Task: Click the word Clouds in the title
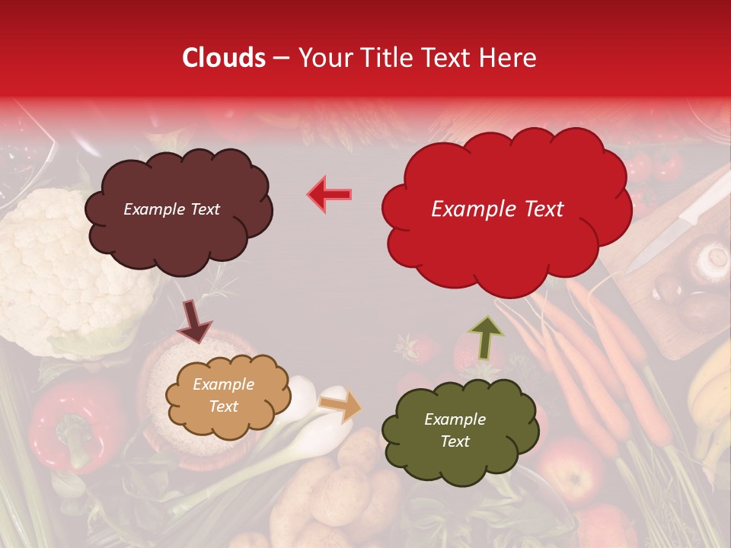tap(224, 58)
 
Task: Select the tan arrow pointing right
tap(340, 406)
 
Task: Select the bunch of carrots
tap(586, 358)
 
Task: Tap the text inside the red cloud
tap(497, 209)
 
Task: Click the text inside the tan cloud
tap(223, 396)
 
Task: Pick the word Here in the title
tap(509, 58)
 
